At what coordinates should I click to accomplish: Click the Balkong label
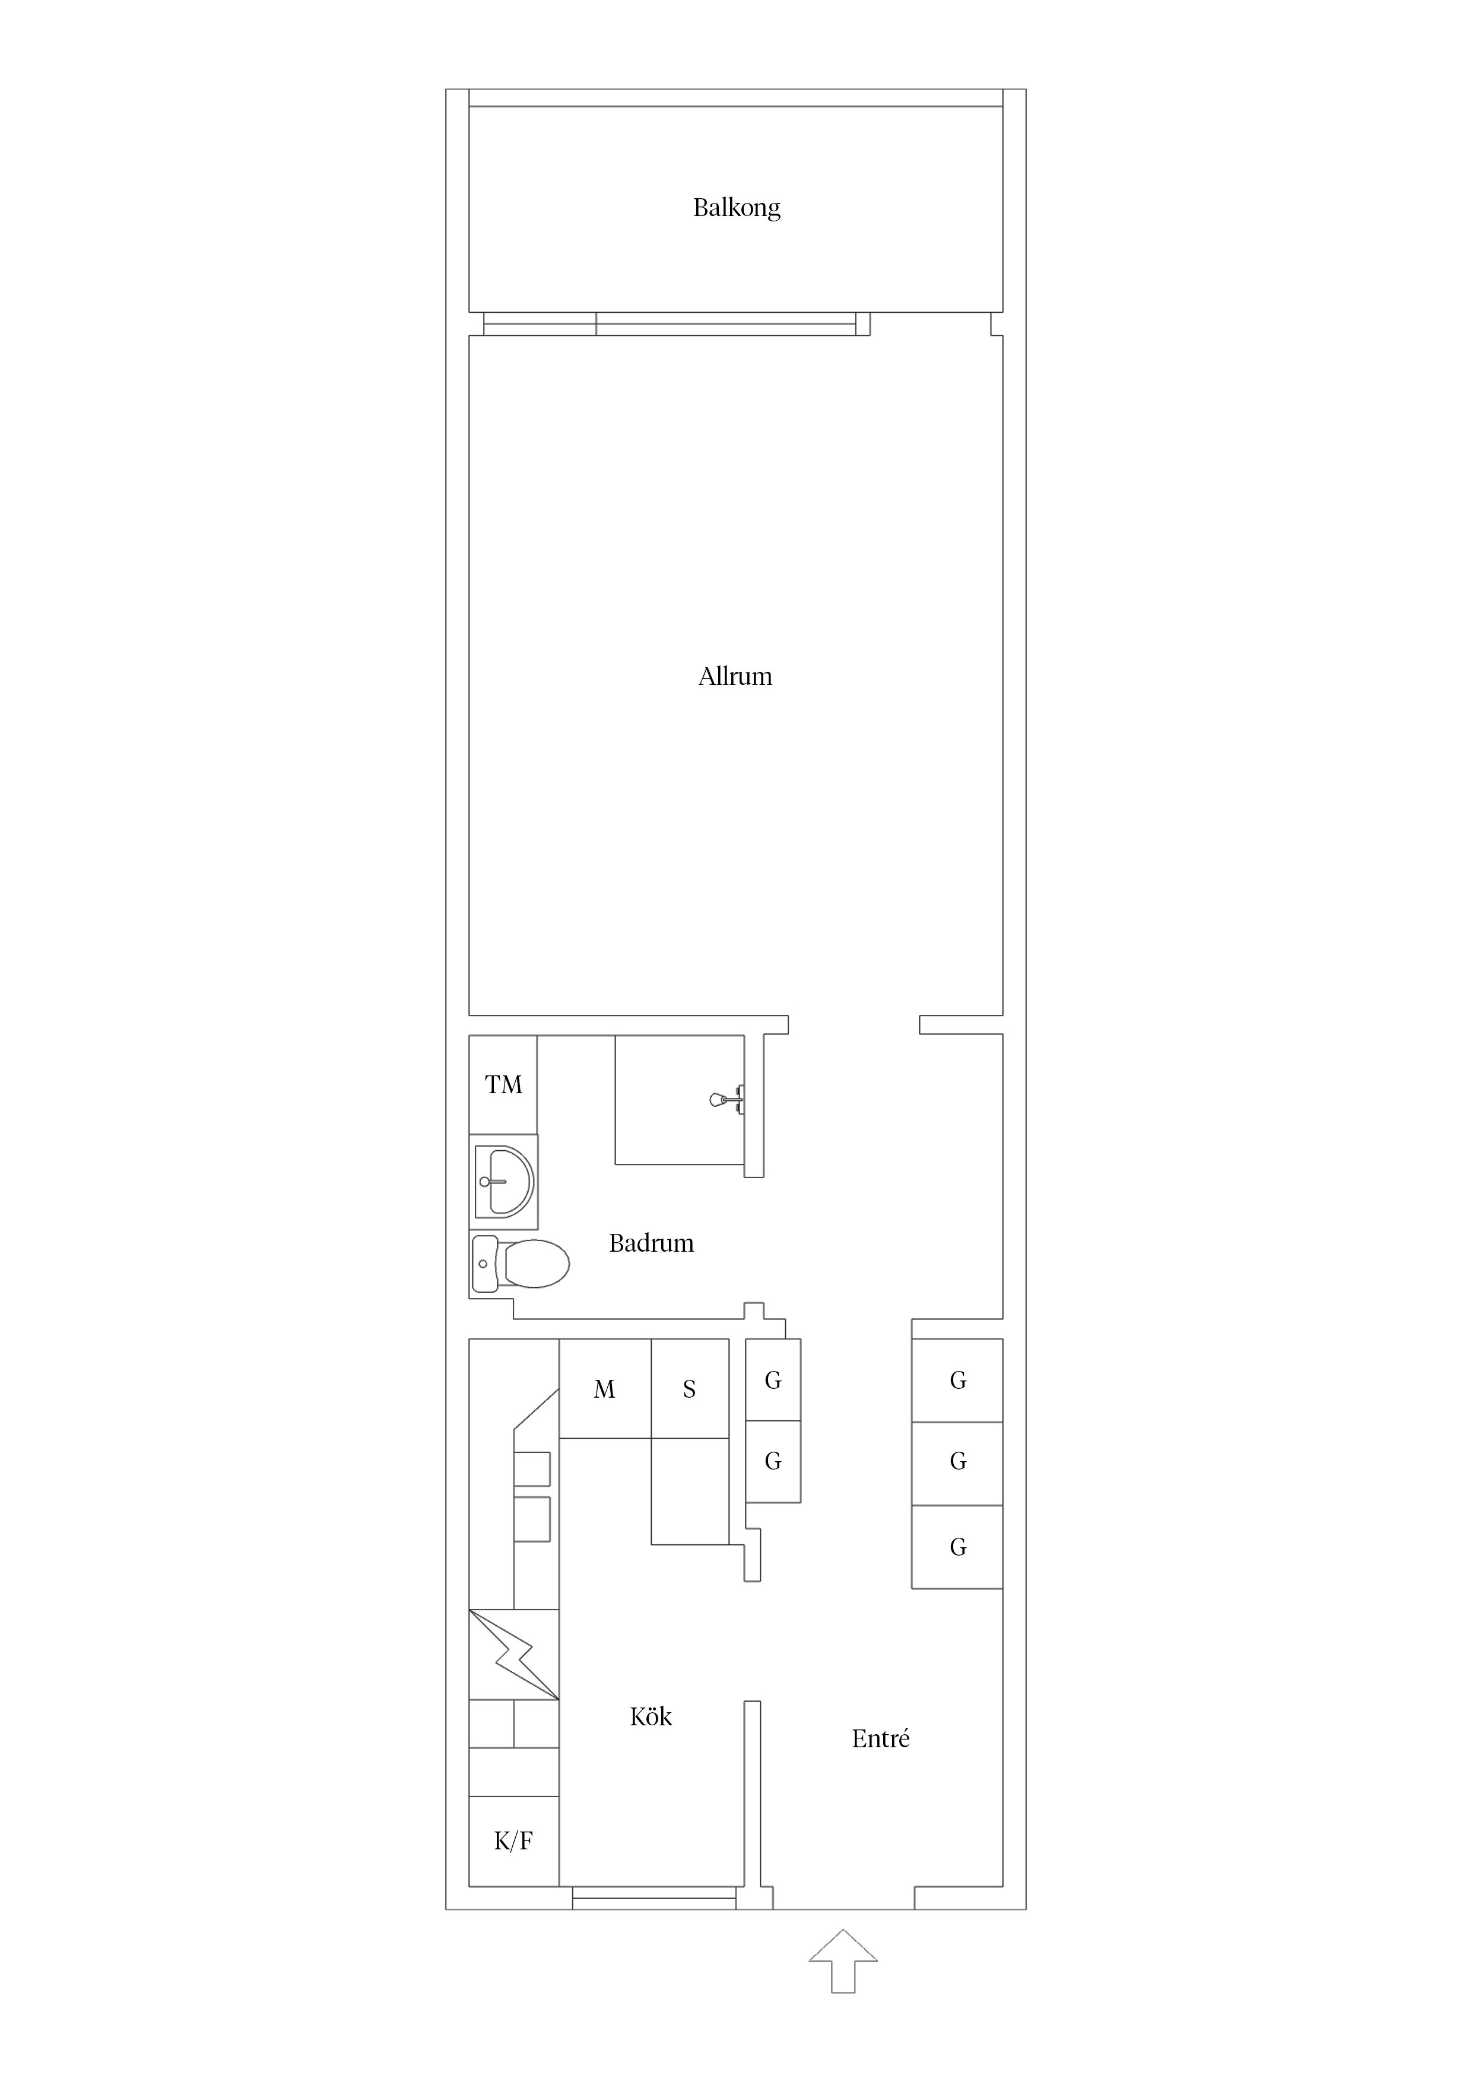[737, 208]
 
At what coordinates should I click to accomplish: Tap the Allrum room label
[735, 677]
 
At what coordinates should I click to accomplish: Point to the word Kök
[651, 1716]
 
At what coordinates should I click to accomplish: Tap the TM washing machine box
[503, 1084]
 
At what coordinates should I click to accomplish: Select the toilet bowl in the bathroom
[536, 1263]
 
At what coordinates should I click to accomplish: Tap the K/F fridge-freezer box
[513, 1841]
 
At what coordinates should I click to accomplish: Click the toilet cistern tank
[484, 1263]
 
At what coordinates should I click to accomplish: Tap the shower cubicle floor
[679, 1100]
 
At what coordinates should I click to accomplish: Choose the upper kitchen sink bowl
[532, 1468]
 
